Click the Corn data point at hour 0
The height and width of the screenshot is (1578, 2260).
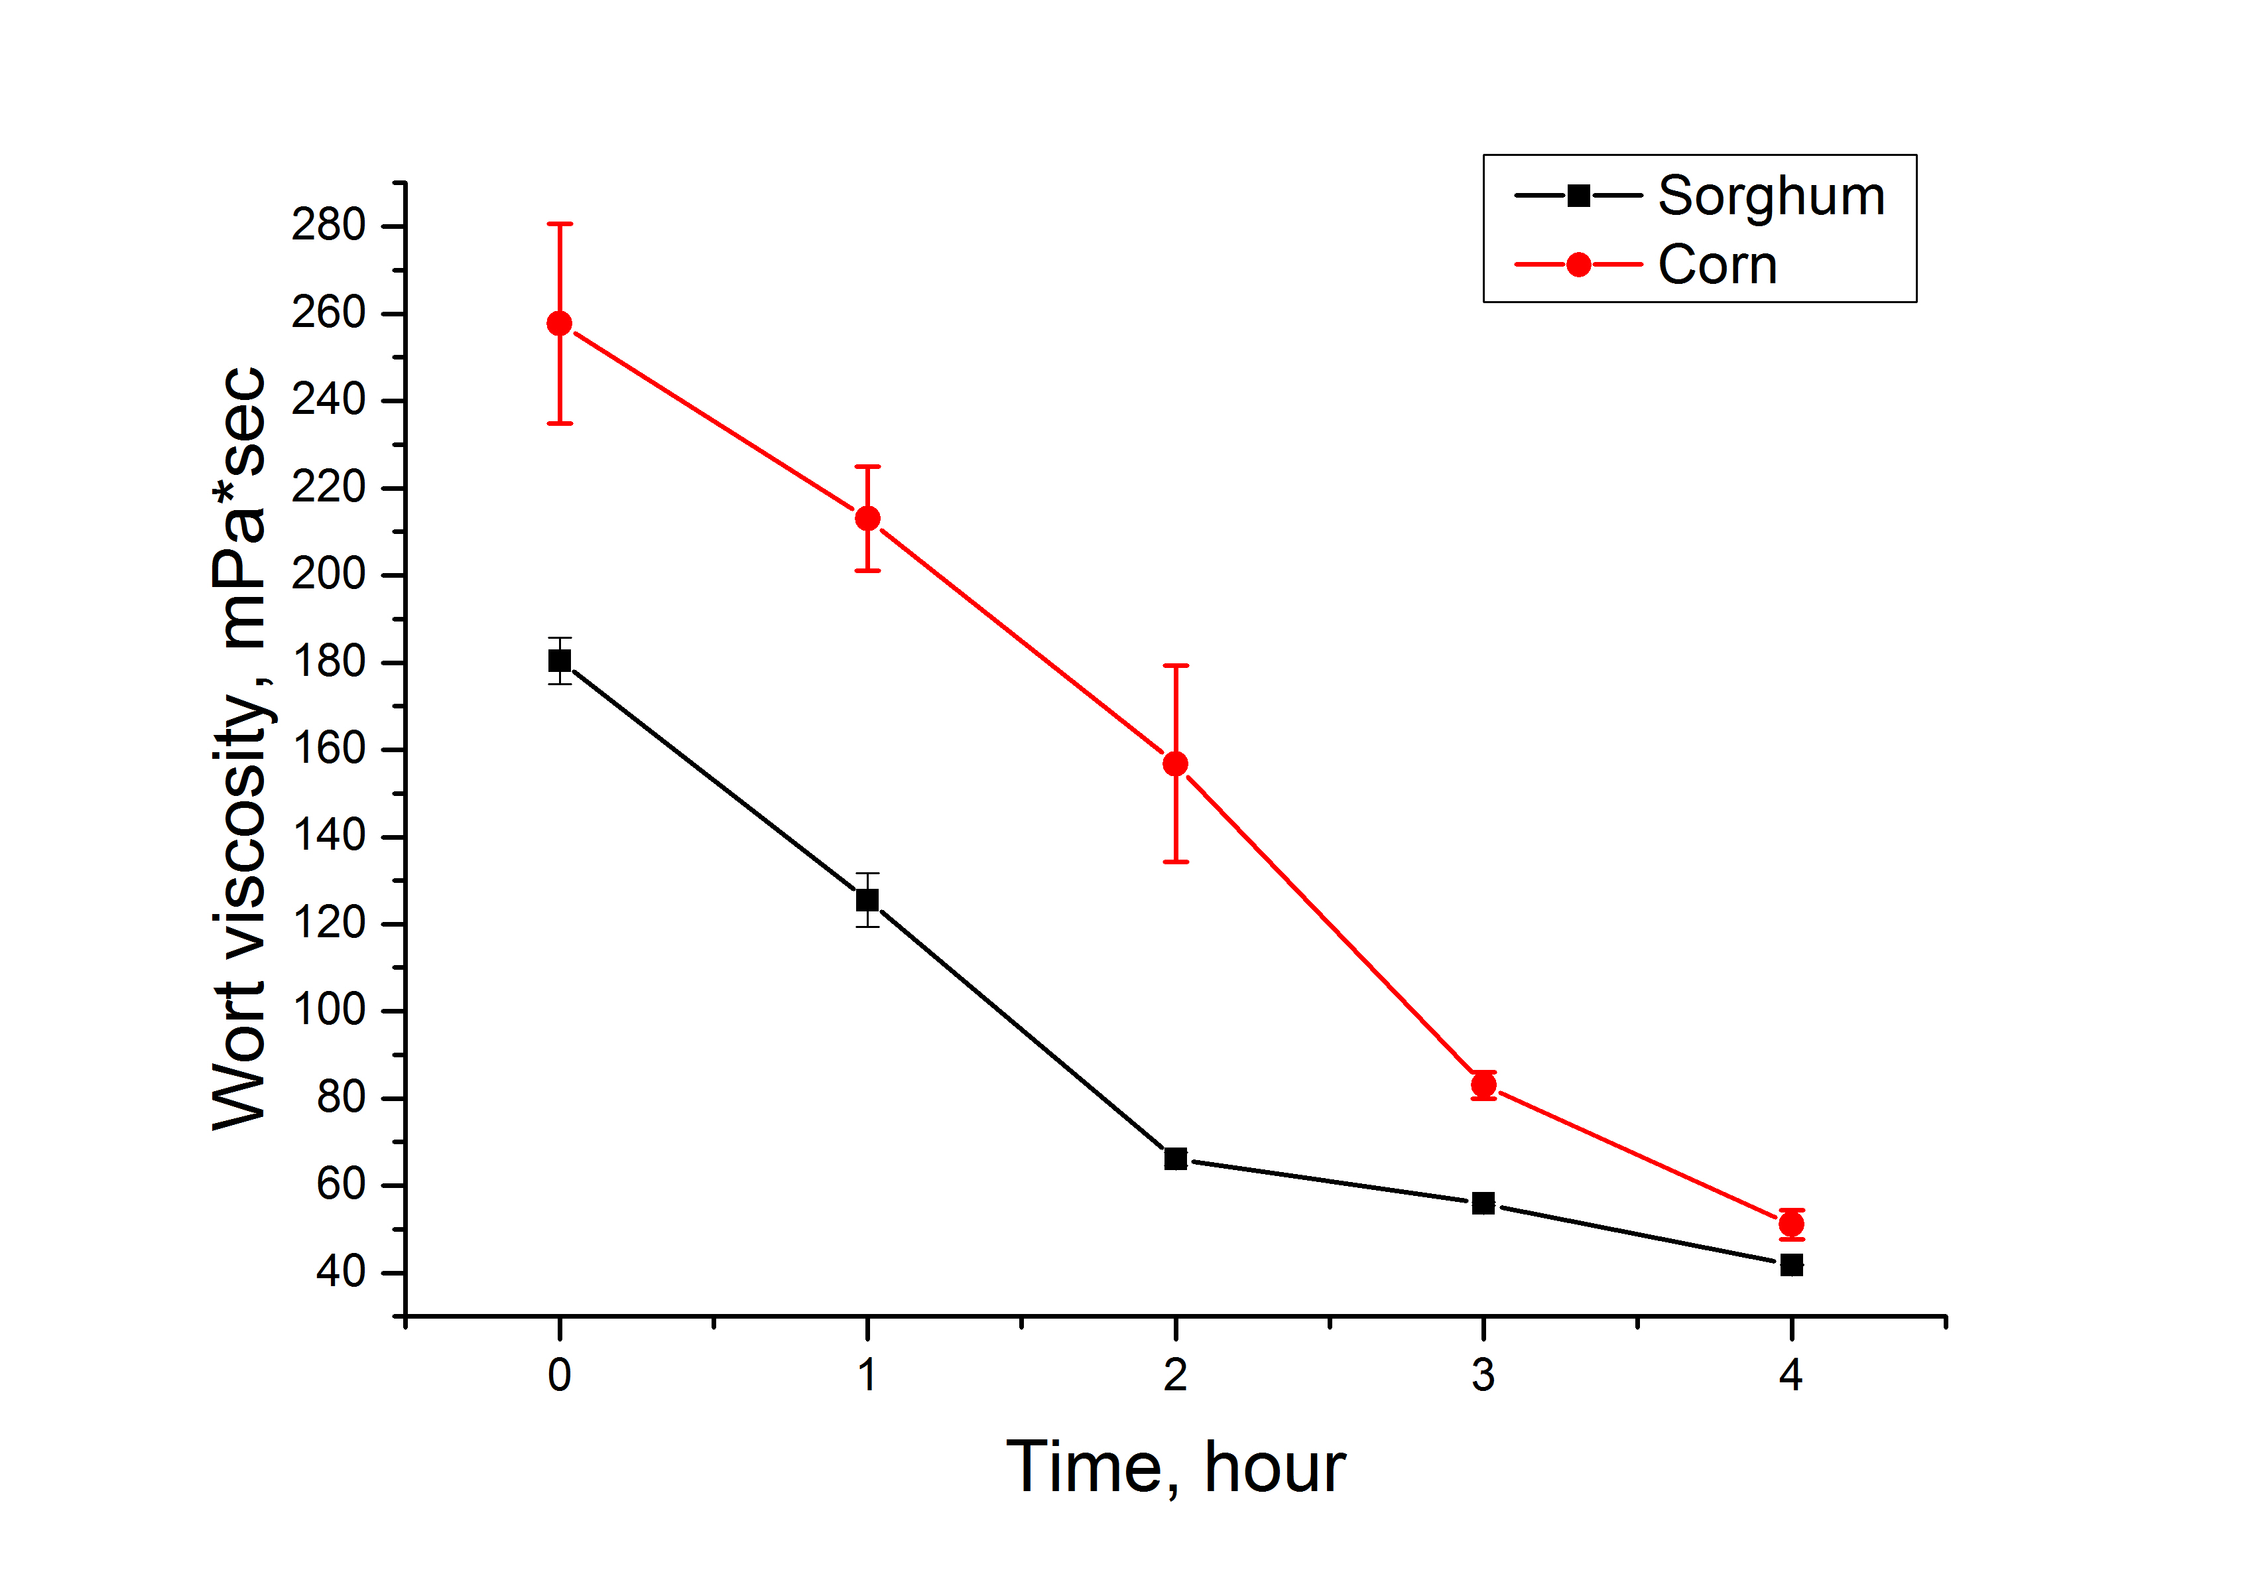[x=559, y=324]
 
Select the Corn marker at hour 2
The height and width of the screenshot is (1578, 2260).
[x=1175, y=764]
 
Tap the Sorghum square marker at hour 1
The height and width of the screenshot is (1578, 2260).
[x=867, y=899]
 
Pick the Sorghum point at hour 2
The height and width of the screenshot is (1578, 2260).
[x=1175, y=1159]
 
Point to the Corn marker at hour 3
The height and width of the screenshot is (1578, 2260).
[x=1483, y=1086]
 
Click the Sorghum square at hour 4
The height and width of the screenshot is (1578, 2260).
[x=1791, y=1265]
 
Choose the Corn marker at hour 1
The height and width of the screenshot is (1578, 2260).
[x=867, y=519]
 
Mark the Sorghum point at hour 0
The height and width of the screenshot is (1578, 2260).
[x=559, y=661]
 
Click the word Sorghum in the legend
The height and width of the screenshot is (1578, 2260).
[x=1771, y=196]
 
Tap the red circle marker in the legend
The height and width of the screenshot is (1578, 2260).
[x=1578, y=265]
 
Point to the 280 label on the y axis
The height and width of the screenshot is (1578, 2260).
[x=328, y=226]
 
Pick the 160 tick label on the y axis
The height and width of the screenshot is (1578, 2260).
[x=328, y=749]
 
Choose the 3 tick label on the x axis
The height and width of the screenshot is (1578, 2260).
[x=1483, y=1375]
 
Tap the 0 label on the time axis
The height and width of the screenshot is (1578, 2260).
[x=559, y=1375]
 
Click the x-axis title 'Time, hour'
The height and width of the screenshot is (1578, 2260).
[x=1175, y=1468]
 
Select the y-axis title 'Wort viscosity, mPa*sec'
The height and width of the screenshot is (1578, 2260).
[x=239, y=748]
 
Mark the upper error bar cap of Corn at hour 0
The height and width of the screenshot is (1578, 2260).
[x=559, y=224]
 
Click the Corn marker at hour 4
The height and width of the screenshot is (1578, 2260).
[x=1791, y=1224]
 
